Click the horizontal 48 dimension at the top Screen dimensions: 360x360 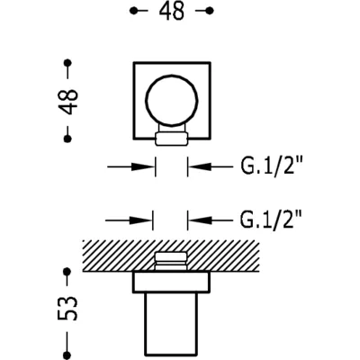172,12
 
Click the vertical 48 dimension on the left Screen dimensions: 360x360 68,101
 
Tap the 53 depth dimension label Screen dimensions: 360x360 67,308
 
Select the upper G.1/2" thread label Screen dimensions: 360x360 271,166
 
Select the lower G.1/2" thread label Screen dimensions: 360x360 271,220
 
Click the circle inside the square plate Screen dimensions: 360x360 172,75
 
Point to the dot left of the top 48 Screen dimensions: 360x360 133,11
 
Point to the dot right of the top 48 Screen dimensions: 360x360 210,11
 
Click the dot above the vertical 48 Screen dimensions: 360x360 68,63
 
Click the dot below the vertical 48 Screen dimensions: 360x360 68,139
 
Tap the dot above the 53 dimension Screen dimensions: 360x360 67,272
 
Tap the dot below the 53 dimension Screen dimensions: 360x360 67,355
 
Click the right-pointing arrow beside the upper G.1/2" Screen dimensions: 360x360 131,166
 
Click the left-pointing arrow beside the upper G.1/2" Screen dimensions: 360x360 210,166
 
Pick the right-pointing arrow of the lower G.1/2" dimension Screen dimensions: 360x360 130,220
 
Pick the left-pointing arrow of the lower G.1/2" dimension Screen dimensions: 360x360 210,220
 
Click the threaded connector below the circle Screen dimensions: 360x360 172,137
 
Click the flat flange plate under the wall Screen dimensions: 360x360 172,282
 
